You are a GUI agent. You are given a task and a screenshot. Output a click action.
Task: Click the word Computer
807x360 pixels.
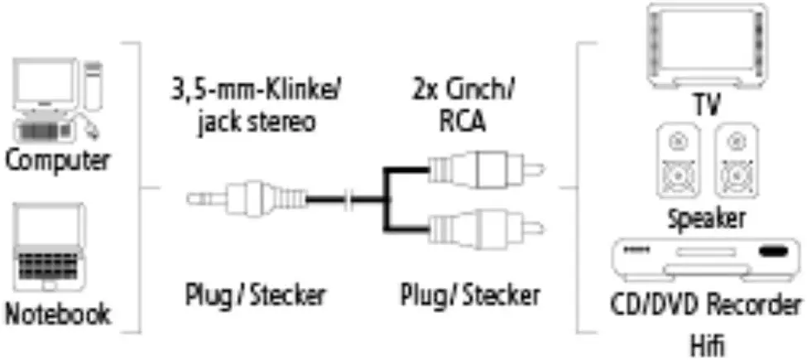(x=57, y=161)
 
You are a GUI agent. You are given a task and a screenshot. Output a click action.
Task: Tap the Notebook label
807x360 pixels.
(x=58, y=313)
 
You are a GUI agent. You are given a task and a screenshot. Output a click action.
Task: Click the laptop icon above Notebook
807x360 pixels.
(x=49, y=247)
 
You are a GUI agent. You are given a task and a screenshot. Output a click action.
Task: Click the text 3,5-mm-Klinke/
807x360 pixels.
(x=257, y=93)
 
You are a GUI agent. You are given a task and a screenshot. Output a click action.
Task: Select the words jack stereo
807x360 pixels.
(x=256, y=123)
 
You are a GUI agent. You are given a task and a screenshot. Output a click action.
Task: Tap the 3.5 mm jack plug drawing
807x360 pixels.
(x=247, y=198)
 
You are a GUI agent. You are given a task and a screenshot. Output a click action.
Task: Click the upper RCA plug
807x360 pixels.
(x=487, y=168)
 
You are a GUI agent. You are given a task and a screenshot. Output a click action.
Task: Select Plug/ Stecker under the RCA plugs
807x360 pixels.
(x=470, y=295)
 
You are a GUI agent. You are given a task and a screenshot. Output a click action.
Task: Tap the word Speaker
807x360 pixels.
(x=706, y=219)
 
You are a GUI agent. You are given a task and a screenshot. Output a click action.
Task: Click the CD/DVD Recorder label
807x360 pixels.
(x=706, y=306)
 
